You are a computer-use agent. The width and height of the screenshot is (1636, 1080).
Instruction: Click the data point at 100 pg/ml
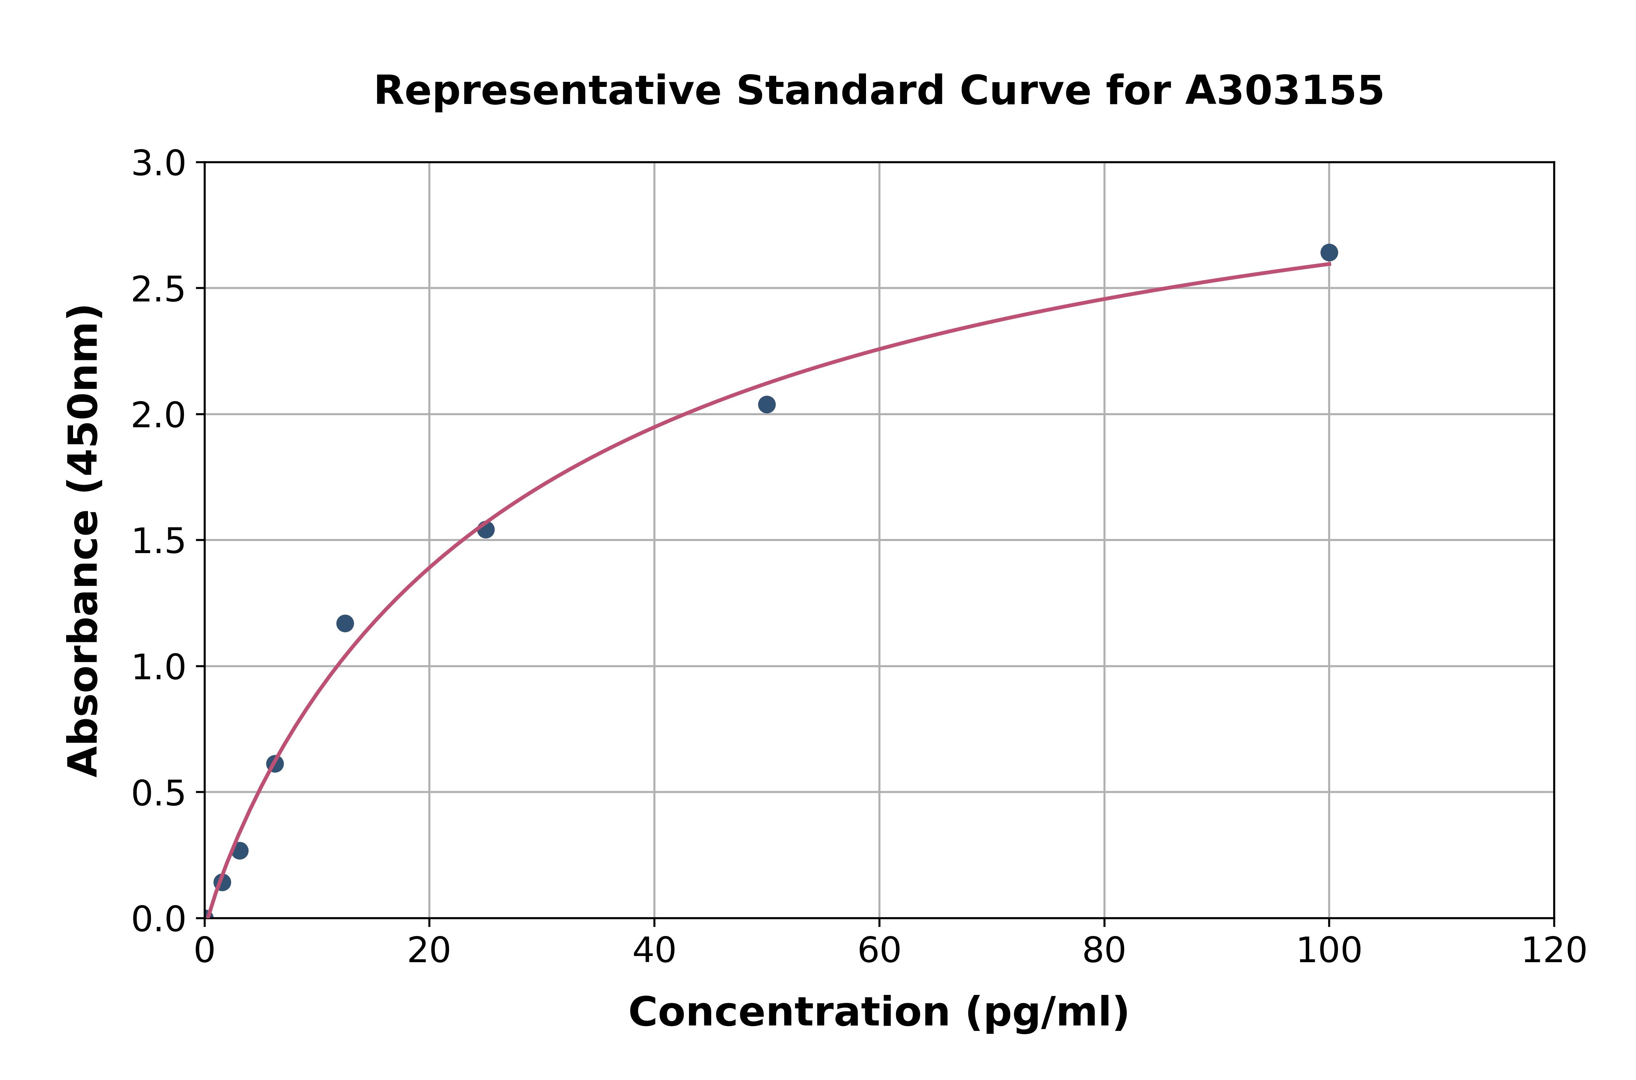(x=1329, y=253)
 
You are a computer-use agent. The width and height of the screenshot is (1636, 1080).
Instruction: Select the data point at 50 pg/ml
(x=766, y=404)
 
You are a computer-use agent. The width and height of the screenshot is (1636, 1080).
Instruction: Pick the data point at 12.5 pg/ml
(x=345, y=623)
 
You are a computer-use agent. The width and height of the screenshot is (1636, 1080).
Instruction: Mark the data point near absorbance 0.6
(x=275, y=763)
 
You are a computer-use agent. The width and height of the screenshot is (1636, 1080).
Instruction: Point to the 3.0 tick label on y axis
(x=159, y=164)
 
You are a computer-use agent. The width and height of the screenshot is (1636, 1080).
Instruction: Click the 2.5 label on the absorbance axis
(x=159, y=289)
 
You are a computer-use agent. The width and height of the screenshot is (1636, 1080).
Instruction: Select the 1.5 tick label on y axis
(x=159, y=541)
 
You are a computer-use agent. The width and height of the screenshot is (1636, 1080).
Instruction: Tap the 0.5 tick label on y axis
(x=159, y=793)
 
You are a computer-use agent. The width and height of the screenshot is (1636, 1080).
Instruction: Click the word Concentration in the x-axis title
(x=789, y=1012)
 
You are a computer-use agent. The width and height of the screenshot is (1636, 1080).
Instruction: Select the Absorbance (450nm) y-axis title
(x=84, y=541)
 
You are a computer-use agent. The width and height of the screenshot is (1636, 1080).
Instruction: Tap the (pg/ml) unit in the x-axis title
(x=1047, y=1012)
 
